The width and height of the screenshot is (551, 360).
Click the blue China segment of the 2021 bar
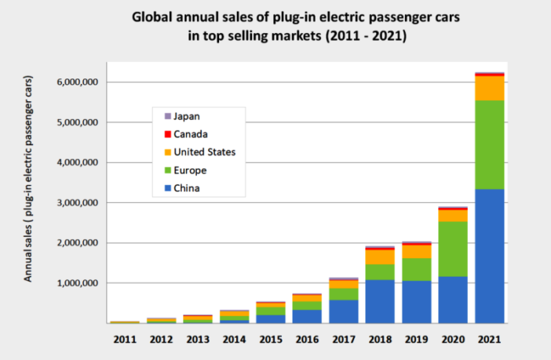489,256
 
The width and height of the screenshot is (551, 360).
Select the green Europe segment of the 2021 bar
489,144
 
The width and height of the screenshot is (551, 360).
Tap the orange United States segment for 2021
489,88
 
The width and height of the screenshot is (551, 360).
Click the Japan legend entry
185,116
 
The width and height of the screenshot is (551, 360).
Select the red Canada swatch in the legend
166,134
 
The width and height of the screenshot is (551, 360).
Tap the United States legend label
204,152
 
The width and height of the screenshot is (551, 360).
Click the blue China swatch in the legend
166,188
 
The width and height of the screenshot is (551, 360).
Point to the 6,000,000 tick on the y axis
76,82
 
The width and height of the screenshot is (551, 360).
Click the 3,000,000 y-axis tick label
76,203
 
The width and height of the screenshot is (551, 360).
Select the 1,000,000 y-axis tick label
76,283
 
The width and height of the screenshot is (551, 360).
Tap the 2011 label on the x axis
124,340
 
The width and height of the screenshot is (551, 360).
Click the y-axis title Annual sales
28,180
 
